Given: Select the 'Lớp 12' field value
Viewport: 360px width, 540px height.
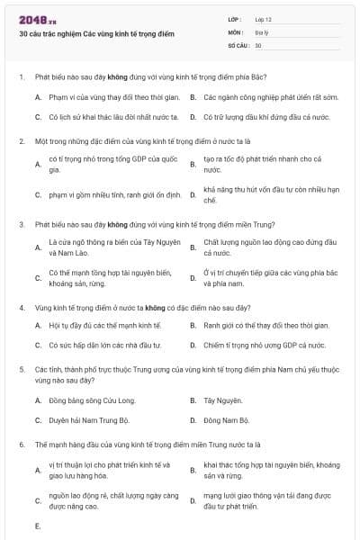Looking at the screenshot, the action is click(x=264, y=19).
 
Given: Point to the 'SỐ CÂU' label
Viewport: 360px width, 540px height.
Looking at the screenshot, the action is click(x=238, y=44).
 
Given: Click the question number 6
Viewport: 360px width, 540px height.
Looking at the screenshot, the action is click(x=21, y=445).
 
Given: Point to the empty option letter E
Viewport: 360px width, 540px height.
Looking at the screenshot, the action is click(x=38, y=525).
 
